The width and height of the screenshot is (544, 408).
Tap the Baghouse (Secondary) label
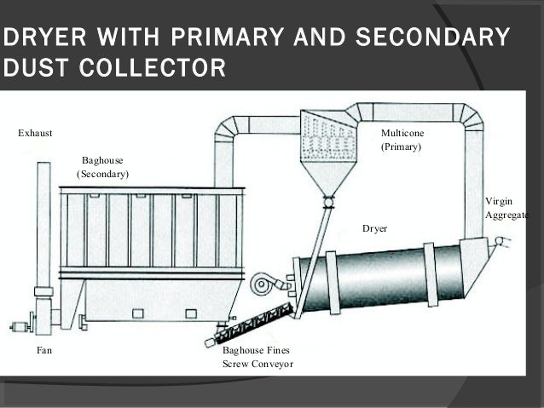[x=102, y=167]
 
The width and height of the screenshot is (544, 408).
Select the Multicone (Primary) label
[x=402, y=141]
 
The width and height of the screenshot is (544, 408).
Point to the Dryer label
[x=374, y=229]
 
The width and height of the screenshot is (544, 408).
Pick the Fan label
[x=43, y=349]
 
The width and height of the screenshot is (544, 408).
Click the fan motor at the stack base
[x=19, y=325]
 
